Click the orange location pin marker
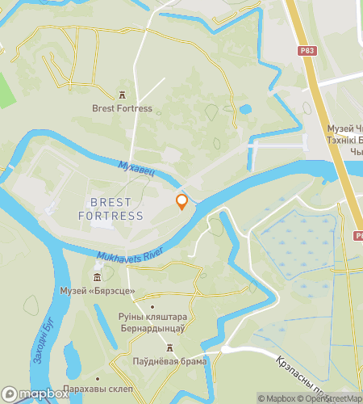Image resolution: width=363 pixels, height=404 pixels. pos(181,201)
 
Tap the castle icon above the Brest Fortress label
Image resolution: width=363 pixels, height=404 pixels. pos(122,95)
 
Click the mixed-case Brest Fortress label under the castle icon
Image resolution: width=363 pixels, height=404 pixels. pos(122,108)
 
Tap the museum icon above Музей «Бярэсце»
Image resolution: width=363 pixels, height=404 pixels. pos(98,277)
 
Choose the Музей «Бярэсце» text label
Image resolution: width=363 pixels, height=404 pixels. pos(98,291)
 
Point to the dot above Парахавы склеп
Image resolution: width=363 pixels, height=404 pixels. pos(98,378)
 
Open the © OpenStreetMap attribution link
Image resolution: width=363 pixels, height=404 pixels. pos(334,398)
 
